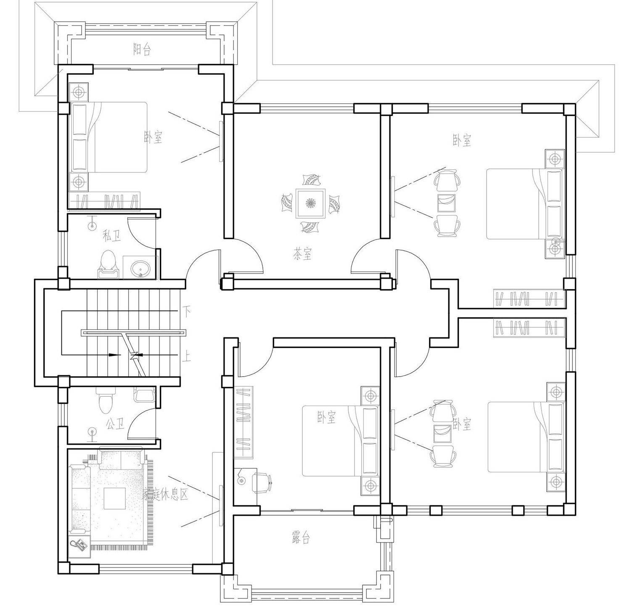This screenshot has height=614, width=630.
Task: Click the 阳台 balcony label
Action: point(142,50)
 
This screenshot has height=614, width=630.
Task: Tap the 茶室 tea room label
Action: point(302,254)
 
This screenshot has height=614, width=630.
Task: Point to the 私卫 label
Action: point(111,236)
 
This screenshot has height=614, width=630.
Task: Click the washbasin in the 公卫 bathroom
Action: point(144,395)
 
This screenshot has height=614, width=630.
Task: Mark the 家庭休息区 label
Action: point(165,494)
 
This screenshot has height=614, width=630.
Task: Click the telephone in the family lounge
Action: point(79,545)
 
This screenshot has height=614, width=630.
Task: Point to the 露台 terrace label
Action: point(301,538)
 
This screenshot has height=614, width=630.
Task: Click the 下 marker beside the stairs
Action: point(186,311)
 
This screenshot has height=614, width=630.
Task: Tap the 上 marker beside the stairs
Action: point(186,357)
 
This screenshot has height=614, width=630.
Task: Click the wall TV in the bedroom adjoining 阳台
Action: point(220,140)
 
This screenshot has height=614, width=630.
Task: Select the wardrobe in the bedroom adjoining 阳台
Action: point(104,201)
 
